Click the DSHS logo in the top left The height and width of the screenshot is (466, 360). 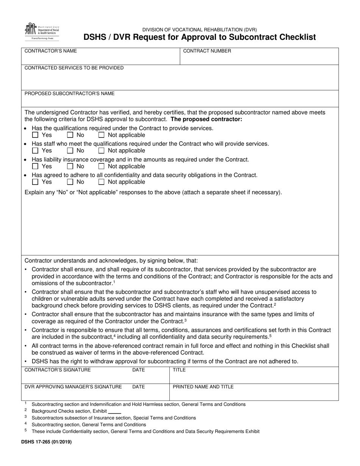(x=41, y=31)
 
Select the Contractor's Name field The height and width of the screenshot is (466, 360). (x=100, y=59)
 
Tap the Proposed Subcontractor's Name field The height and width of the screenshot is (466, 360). (x=180, y=101)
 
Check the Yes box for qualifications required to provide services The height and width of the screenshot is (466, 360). (x=35, y=135)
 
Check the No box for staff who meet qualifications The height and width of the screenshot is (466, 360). (x=70, y=150)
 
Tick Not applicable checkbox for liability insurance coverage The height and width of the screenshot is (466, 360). (x=101, y=166)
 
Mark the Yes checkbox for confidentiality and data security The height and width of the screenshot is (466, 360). (x=35, y=182)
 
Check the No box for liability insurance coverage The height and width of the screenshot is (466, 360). (x=70, y=166)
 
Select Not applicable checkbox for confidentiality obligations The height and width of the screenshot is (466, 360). (x=101, y=182)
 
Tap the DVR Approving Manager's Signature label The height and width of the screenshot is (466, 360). (x=73, y=387)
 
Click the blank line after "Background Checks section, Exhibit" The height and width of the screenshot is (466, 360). (x=114, y=411)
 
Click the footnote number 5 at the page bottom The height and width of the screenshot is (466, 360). (x=26, y=430)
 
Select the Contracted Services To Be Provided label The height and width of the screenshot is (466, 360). (x=74, y=68)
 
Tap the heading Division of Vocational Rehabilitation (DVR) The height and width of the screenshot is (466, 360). (x=199, y=30)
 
